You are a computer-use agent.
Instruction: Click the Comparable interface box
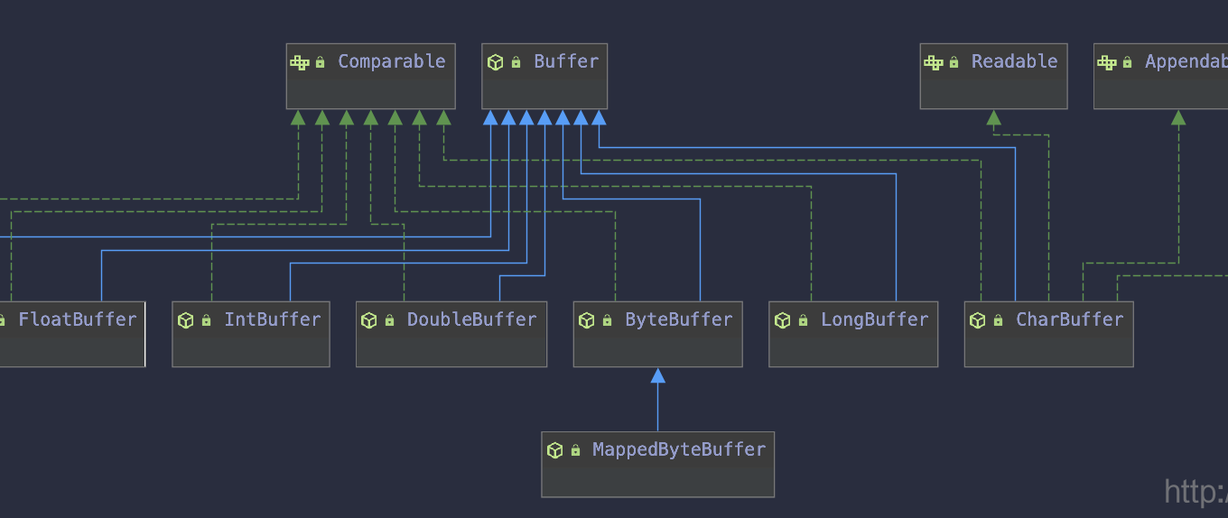(x=370, y=77)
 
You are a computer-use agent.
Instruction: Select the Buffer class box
(x=544, y=77)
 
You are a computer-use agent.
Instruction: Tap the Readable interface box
(x=993, y=77)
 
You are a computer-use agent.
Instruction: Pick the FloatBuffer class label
(x=77, y=319)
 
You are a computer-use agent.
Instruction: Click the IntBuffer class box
(x=250, y=334)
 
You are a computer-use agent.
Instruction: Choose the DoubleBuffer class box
(x=451, y=334)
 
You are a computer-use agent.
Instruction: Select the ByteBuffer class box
(x=657, y=334)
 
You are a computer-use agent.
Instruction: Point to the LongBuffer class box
(x=853, y=334)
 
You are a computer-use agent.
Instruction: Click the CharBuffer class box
(x=1048, y=334)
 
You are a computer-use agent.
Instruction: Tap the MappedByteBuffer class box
(x=657, y=464)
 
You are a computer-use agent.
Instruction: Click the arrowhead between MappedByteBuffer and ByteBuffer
(x=658, y=375)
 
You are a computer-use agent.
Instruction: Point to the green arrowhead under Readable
(x=994, y=117)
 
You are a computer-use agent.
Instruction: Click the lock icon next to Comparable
(x=321, y=63)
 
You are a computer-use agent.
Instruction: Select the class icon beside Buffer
(x=496, y=62)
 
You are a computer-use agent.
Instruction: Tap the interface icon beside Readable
(x=934, y=62)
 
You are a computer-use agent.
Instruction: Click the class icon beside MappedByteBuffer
(x=555, y=450)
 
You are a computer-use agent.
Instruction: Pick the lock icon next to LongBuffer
(x=803, y=321)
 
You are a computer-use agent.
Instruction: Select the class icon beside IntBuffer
(x=186, y=320)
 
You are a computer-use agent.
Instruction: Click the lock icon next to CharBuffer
(x=998, y=321)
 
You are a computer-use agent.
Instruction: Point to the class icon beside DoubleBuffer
(x=369, y=320)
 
